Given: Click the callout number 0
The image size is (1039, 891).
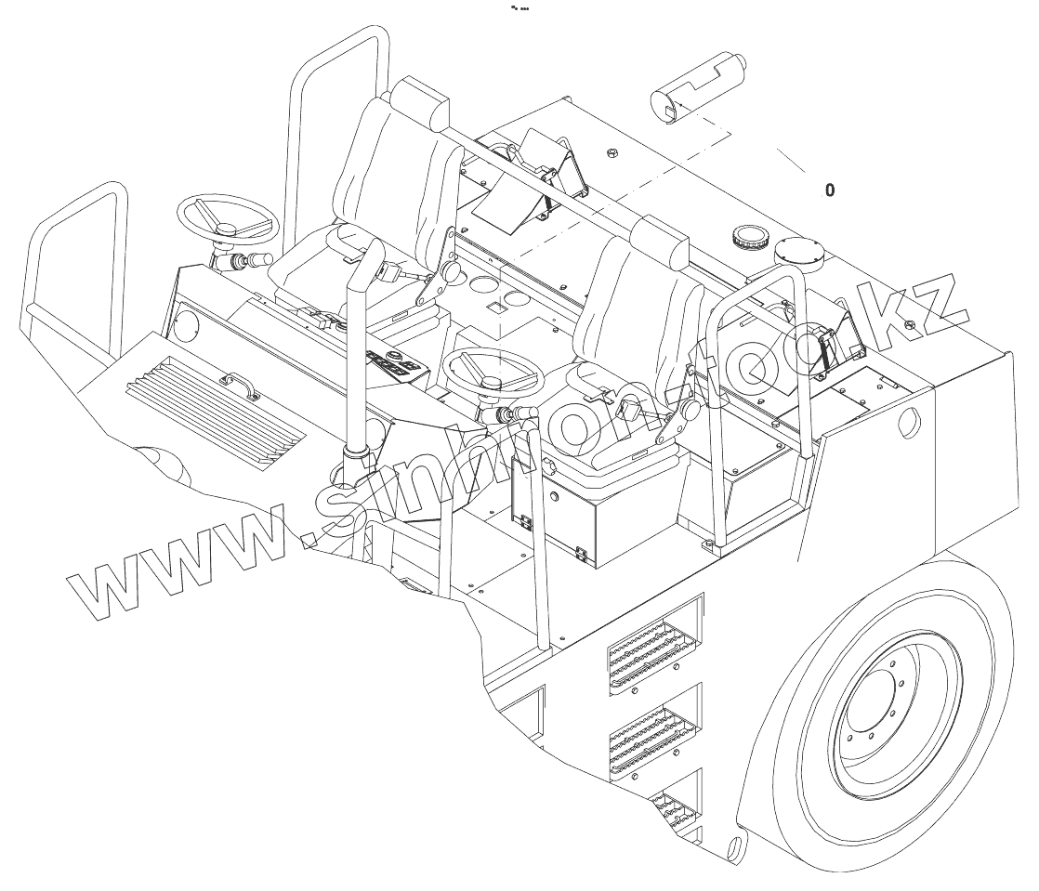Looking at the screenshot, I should [830, 190].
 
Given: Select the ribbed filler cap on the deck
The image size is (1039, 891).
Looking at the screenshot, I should [750, 238].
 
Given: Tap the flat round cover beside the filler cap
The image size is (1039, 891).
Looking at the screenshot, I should [801, 253].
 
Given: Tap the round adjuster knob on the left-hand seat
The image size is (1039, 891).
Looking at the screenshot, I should [453, 271].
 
